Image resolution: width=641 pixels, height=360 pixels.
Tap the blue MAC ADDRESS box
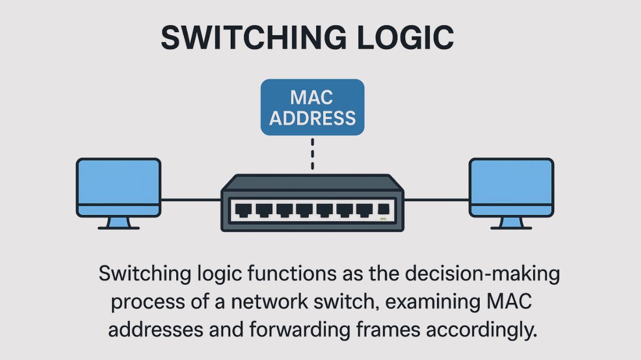pyautogui.click(x=312, y=107)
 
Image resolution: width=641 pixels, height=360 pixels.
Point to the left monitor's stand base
pyautogui.click(x=119, y=228)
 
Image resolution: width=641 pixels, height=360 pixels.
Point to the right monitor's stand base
pyautogui.click(x=511, y=228)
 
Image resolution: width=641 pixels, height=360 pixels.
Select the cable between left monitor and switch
pyautogui.click(x=191, y=200)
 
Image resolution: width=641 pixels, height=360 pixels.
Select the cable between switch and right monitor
pyautogui.click(x=436, y=200)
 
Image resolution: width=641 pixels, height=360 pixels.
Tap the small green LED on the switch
pyautogui.click(x=382, y=219)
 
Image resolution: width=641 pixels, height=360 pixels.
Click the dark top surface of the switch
pyautogui.click(x=312, y=183)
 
